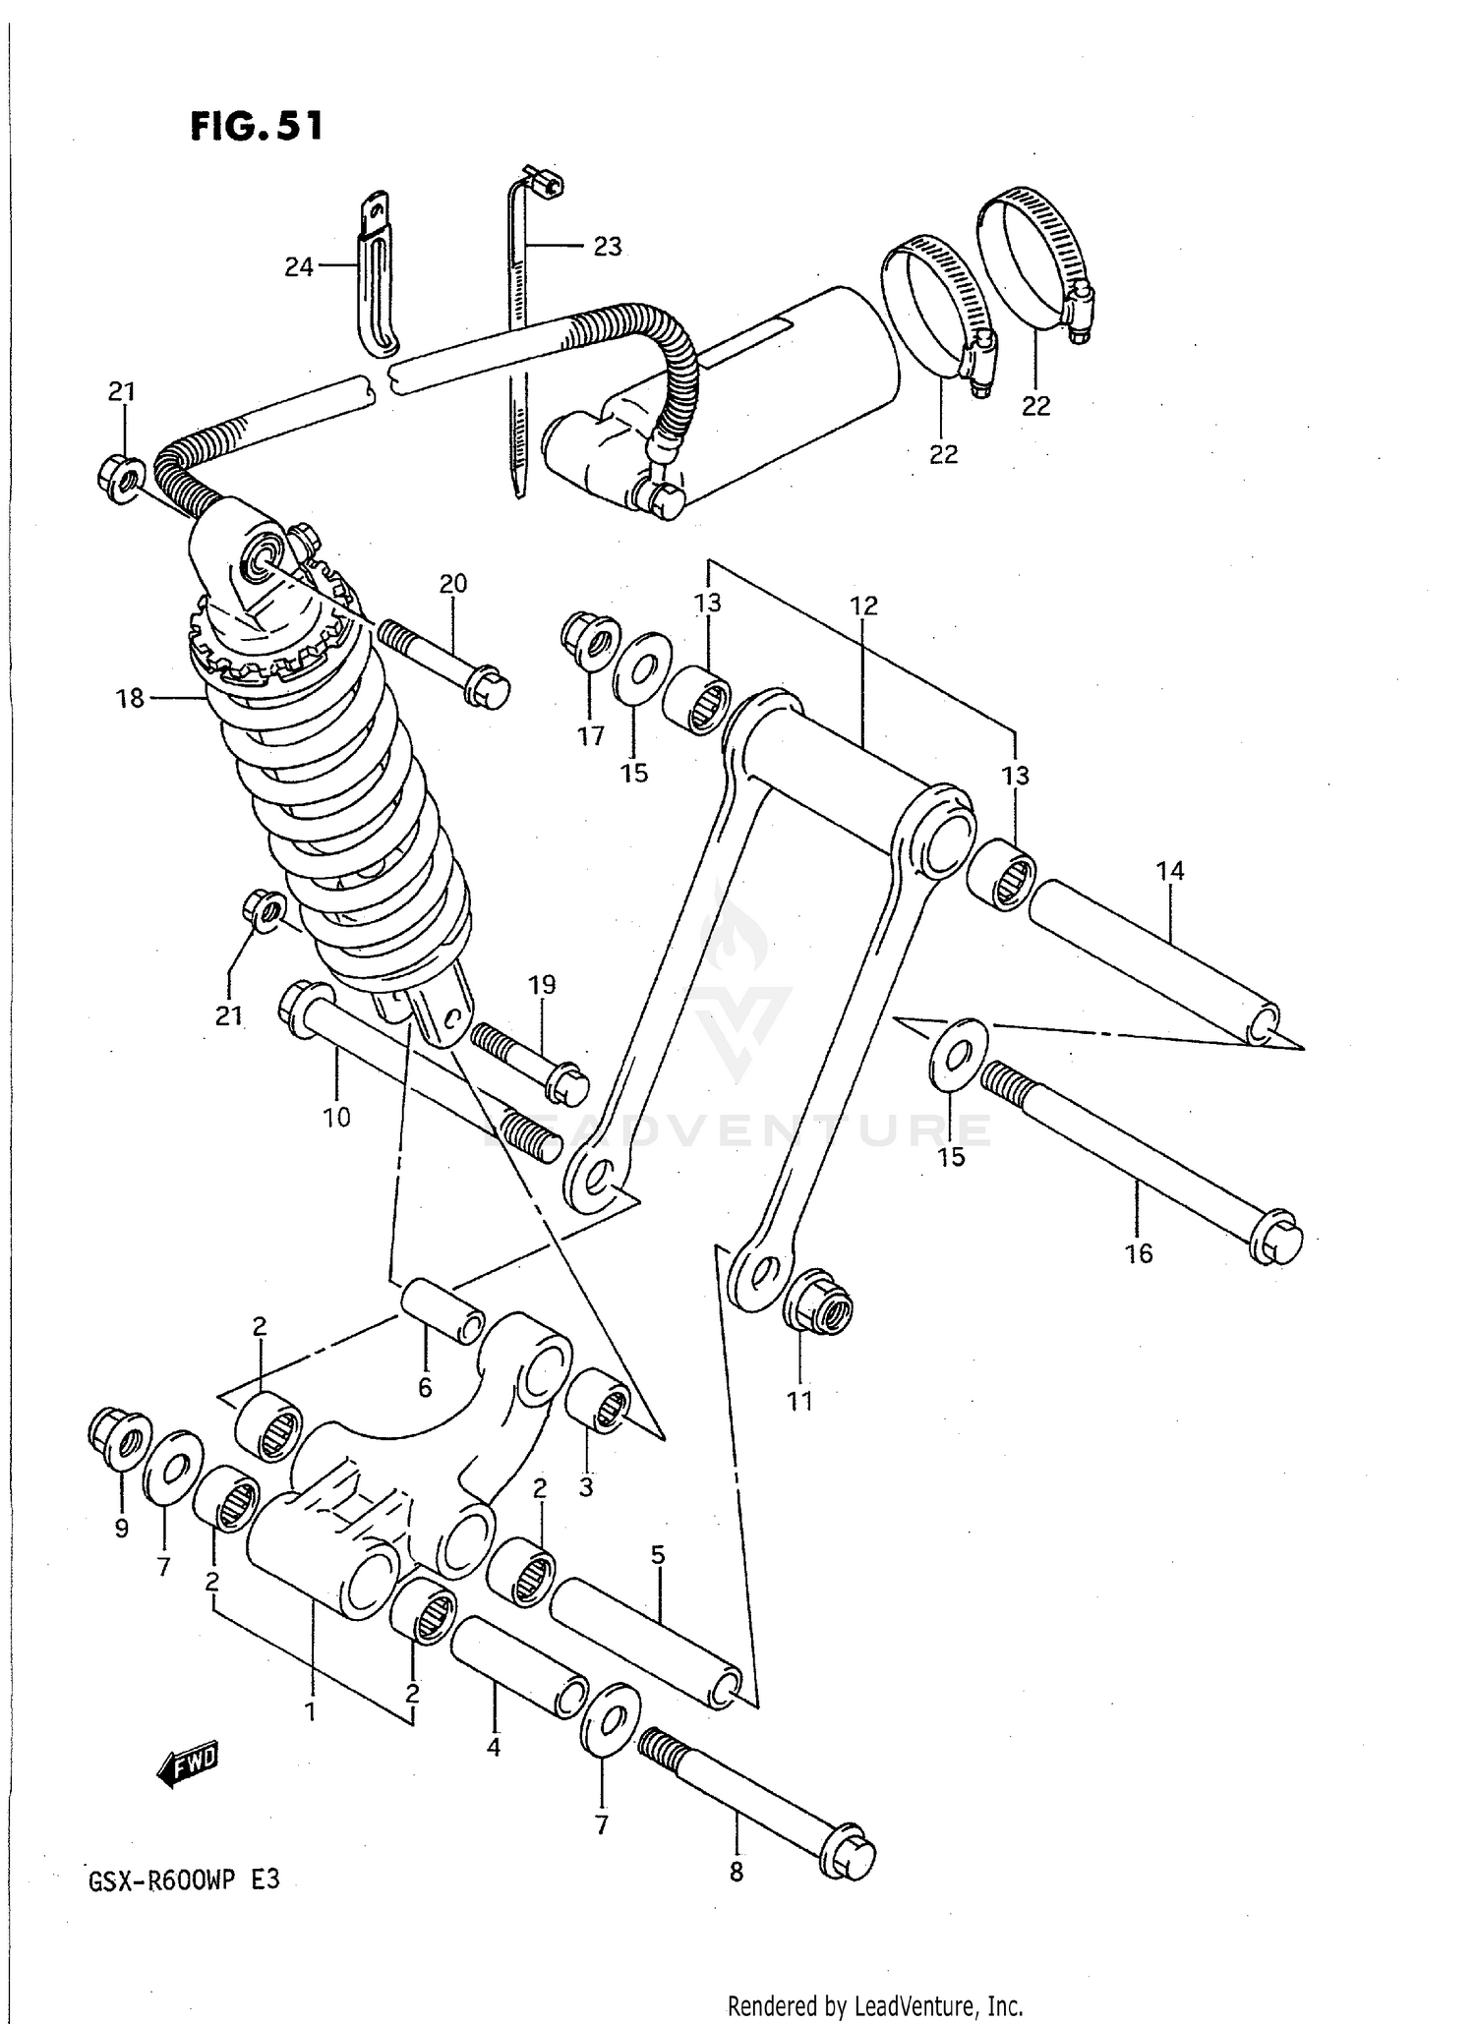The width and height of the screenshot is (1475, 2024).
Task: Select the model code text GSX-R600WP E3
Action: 185,1880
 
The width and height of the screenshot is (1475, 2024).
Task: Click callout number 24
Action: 298,266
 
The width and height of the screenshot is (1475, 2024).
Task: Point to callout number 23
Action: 607,247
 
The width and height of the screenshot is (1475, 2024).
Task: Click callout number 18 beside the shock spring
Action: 130,699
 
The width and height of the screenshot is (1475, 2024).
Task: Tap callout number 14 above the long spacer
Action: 1170,870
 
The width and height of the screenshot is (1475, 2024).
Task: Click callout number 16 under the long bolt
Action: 1139,1253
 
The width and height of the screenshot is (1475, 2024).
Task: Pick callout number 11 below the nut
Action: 799,1401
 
